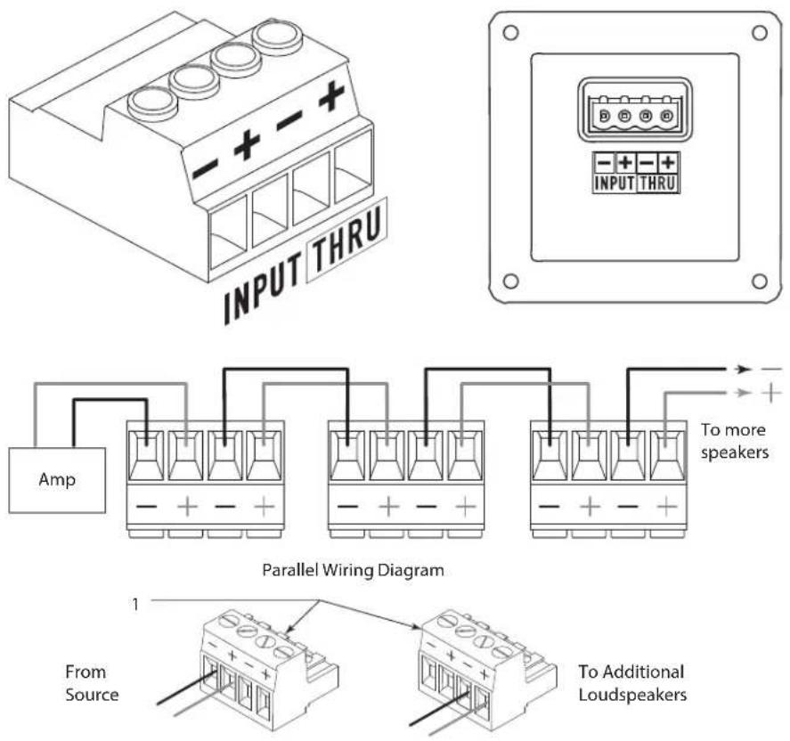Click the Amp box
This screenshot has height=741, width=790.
[57, 480]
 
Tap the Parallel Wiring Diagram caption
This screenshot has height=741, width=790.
[354, 570]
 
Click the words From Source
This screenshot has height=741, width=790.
[92, 683]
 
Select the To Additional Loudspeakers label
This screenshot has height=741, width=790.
[632, 683]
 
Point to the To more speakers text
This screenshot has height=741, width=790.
[735, 441]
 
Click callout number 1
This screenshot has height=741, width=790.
[135, 604]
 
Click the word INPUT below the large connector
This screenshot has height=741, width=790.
[263, 287]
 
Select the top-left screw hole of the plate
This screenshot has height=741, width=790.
[510, 33]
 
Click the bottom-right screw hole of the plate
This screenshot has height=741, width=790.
[759, 281]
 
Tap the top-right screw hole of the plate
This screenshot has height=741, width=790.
[759, 33]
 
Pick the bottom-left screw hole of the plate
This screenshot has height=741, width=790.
[510, 281]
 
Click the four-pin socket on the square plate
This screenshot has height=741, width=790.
[635, 110]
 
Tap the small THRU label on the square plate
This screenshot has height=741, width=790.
[658, 183]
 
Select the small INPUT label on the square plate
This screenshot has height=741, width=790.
[615, 183]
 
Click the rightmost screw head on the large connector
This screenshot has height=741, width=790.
[278, 36]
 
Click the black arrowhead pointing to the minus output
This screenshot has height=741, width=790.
[742, 370]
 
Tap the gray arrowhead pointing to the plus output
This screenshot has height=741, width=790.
[742, 393]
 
